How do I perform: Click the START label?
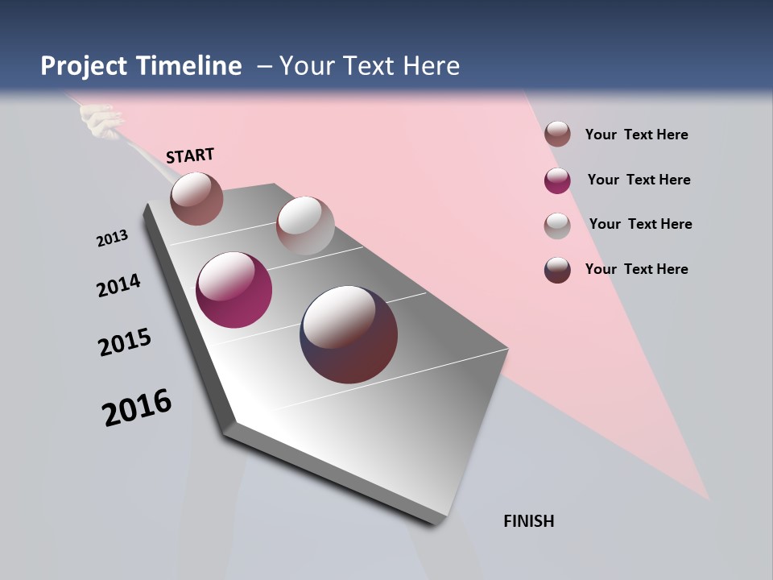(190, 155)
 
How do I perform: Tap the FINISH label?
(528, 521)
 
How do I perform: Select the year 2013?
(112, 238)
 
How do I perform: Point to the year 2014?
(118, 285)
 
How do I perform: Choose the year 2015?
(125, 342)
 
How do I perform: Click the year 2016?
(137, 408)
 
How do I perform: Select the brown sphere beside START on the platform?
(196, 198)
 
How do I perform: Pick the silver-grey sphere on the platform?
(305, 226)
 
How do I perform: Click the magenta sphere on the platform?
(234, 290)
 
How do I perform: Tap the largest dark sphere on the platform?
(349, 334)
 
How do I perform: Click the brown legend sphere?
(557, 135)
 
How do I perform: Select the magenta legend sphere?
(557, 180)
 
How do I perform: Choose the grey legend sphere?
(557, 226)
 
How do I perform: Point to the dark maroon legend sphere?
(557, 270)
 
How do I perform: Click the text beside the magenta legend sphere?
(639, 180)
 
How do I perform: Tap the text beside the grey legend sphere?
(640, 224)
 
